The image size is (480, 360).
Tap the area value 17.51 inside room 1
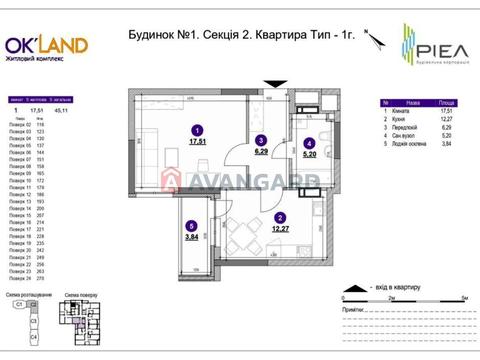(x=197, y=142)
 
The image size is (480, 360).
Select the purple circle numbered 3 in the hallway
(x=260, y=140)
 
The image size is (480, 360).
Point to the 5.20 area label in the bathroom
(x=310, y=156)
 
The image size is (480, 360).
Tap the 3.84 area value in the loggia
(x=190, y=238)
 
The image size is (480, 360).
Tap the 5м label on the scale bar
(x=465, y=299)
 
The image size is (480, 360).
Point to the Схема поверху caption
(x=80, y=296)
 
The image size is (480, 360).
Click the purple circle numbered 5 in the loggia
(x=190, y=225)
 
